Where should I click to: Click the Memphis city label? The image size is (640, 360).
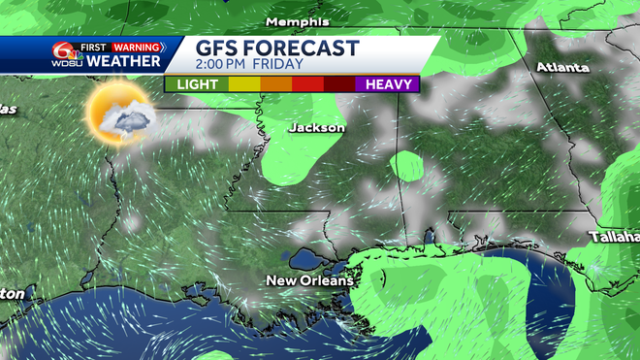[x=298, y=21]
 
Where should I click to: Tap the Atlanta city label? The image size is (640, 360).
[x=563, y=67]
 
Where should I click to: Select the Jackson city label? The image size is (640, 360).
[x=317, y=127]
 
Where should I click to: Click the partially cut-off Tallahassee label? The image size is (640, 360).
[x=615, y=237]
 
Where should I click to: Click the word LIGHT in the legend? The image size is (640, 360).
[x=196, y=84]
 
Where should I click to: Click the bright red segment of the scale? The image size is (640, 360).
[x=307, y=84]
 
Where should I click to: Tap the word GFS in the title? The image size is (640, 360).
[x=220, y=49]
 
